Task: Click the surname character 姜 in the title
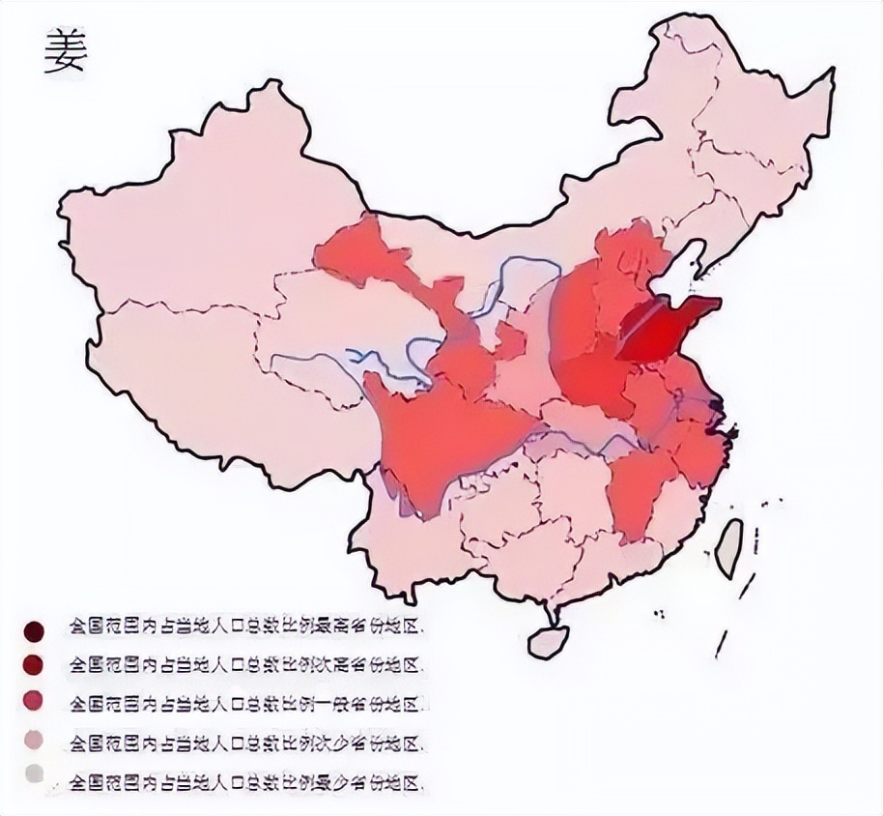click(x=66, y=52)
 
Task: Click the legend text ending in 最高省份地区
click(x=246, y=627)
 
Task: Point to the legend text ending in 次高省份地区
click(x=246, y=664)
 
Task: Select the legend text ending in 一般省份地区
click(x=246, y=702)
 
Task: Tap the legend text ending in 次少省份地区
click(x=246, y=743)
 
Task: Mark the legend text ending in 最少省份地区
click(x=246, y=779)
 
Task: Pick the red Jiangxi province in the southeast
click(x=638, y=488)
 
